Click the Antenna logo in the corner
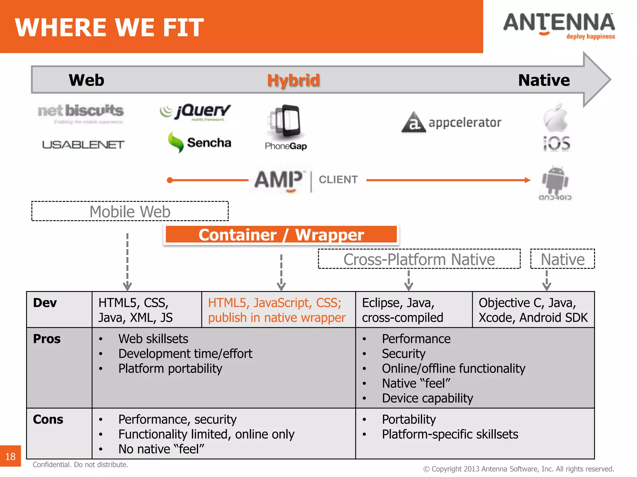[559, 26]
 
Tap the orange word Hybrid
[293, 80]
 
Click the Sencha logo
[199, 143]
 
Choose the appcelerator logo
[451, 122]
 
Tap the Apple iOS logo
[556, 128]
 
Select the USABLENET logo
[83, 145]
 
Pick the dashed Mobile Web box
[130, 211]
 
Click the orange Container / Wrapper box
[281, 235]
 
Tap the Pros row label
[47, 339]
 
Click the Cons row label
[48, 420]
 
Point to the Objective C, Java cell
[533, 310]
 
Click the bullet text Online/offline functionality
[453, 369]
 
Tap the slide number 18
[10, 456]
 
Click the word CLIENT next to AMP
[338, 180]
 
